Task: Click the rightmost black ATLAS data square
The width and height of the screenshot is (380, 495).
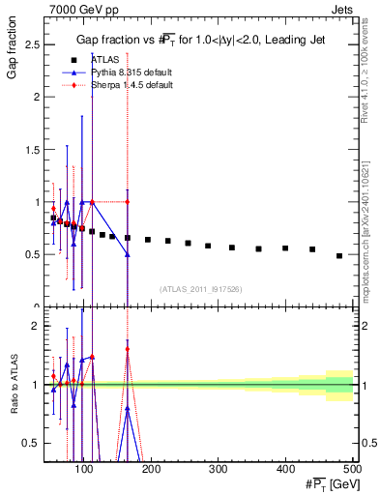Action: [339, 255]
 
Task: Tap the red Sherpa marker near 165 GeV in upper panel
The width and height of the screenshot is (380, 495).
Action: [128, 202]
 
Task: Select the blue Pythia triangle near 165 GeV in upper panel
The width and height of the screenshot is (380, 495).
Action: [128, 254]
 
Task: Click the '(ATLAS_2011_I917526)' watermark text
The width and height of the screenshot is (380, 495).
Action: [199, 289]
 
